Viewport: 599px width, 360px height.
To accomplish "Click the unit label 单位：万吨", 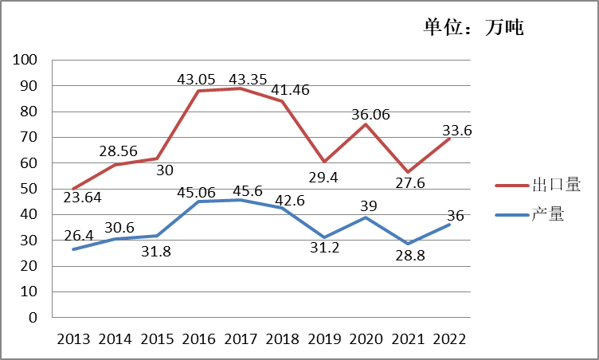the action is tap(473, 27).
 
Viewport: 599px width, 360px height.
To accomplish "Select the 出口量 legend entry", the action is tap(538, 185).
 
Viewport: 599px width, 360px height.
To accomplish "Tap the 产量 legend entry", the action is tap(530, 214).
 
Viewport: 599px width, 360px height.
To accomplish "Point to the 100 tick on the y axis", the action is tap(25, 60).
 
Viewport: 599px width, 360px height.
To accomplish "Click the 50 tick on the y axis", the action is tap(29, 189).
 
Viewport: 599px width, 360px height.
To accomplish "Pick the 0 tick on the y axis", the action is tap(33, 317).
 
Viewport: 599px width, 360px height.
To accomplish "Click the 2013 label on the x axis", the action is tap(73, 339).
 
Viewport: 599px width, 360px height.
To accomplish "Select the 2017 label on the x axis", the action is tap(241, 339).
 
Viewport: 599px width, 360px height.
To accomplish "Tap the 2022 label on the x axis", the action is tap(449, 339).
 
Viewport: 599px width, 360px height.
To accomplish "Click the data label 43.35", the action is tap(248, 79).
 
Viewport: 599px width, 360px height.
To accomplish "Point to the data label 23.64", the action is tap(82, 198).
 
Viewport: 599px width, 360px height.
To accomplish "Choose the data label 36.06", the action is tap(370, 114).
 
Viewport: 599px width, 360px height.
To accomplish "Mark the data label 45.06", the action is tap(196, 192).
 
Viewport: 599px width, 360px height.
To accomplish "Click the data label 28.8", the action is tap(410, 256).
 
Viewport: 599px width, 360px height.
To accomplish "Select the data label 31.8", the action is tap(156, 252).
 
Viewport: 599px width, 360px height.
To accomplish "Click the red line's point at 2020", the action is tap(366, 123).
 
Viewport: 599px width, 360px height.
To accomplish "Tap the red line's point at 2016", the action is tap(198, 91).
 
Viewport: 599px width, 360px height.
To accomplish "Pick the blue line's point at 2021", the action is tap(408, 244).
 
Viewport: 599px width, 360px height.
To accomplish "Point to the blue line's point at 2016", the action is tap(198, 202).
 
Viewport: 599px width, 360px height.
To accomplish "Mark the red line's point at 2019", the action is tap(324, 162).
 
